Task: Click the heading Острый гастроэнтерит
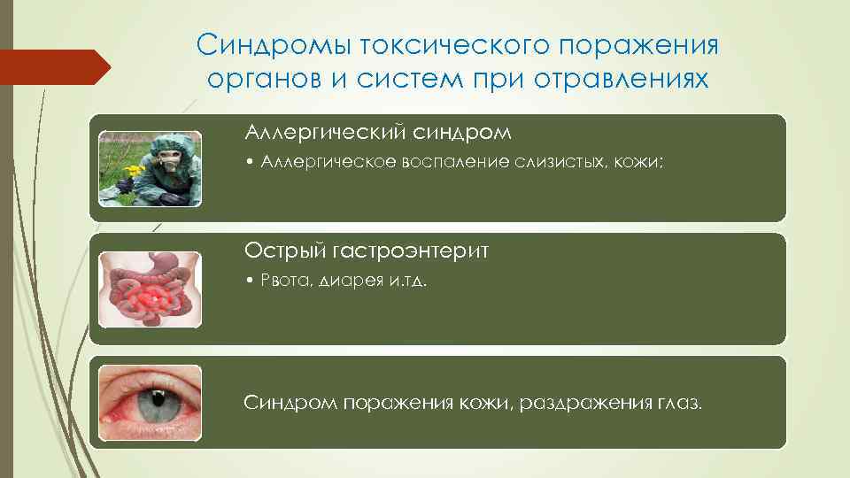tap(367, 251)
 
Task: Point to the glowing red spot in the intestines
tap(151, 297)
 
